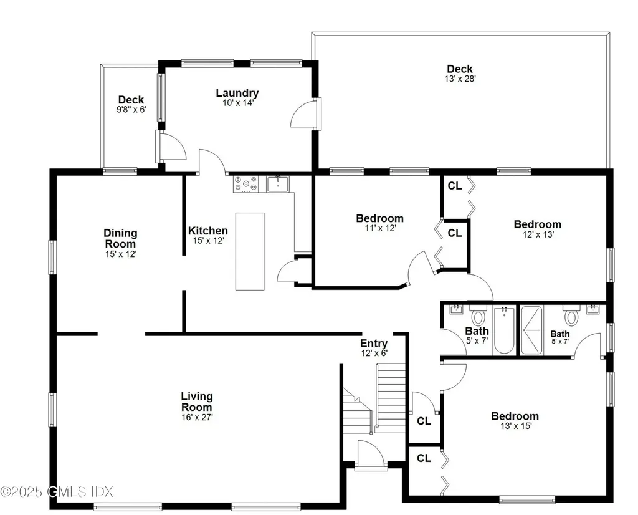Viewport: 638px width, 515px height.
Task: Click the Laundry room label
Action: (237, 94)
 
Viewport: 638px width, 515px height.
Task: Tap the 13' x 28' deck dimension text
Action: (460, 79)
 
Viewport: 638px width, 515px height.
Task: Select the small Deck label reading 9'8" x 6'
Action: (131, 100)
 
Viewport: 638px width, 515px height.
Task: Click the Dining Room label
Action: (120, 239)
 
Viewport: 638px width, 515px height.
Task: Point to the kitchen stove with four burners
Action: (246, 183)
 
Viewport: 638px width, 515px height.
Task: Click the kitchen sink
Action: (278, 183)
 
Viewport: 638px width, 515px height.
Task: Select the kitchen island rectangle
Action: (250, 251)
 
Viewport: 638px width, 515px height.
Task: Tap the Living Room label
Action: (197, 402)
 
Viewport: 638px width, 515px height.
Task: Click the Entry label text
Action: (374, 344)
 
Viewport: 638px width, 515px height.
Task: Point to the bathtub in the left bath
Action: (504, 330)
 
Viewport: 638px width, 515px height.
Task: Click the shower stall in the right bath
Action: (532, 330)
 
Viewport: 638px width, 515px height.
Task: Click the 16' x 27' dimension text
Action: (197, 417)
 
